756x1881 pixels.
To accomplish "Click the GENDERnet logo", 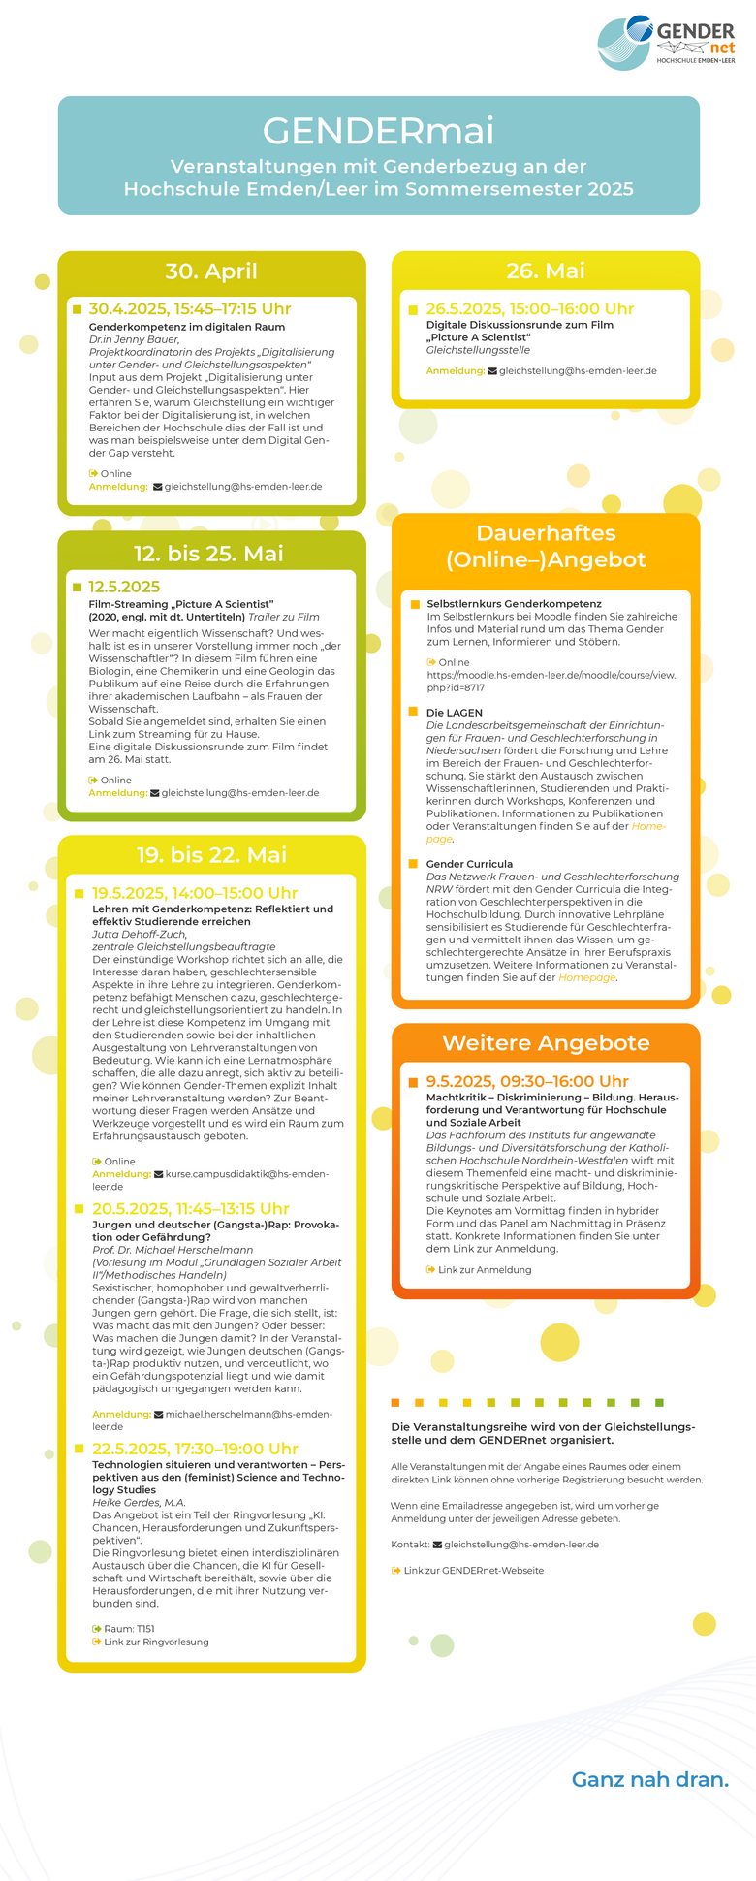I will coord(666,42).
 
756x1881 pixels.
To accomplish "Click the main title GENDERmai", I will coord(378,131).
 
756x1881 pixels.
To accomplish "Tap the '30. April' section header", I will coord(211,271).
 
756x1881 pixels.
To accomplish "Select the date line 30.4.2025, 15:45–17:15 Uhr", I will coord(190,309).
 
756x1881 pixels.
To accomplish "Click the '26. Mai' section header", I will coord(546,271).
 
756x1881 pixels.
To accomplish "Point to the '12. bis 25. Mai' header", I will coord(208,554).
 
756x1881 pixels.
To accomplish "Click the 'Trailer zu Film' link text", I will coord(284,617).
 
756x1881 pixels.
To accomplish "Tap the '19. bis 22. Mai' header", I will coord(211,855).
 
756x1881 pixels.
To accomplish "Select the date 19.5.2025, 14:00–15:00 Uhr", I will coord(195,893).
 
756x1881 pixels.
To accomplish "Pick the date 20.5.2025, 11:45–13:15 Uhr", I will coord(191,1209).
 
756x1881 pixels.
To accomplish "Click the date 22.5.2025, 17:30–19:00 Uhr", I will coord(195,1449).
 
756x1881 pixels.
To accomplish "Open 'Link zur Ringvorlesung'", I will coord(156,1642).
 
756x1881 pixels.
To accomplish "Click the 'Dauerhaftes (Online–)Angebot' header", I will coord(546,546).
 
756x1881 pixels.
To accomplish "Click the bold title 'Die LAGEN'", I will coord(454,713).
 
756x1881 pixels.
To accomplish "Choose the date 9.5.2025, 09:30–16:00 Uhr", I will coord(527,1081).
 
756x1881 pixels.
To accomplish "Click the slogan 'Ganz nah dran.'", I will coord(649,1779).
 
